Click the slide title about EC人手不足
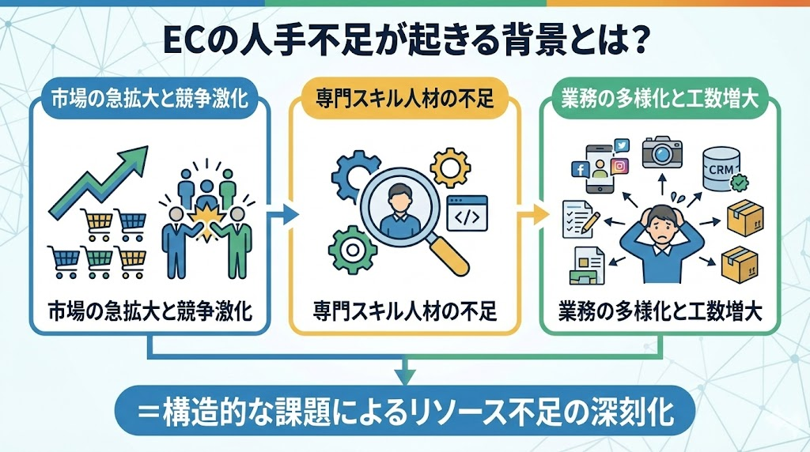tap(405, 40)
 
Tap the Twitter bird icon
tap(621, 145)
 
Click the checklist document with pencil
tap(578, 217)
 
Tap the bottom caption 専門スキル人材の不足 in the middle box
tap(405, 310)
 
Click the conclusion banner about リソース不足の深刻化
tap(405, 412)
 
